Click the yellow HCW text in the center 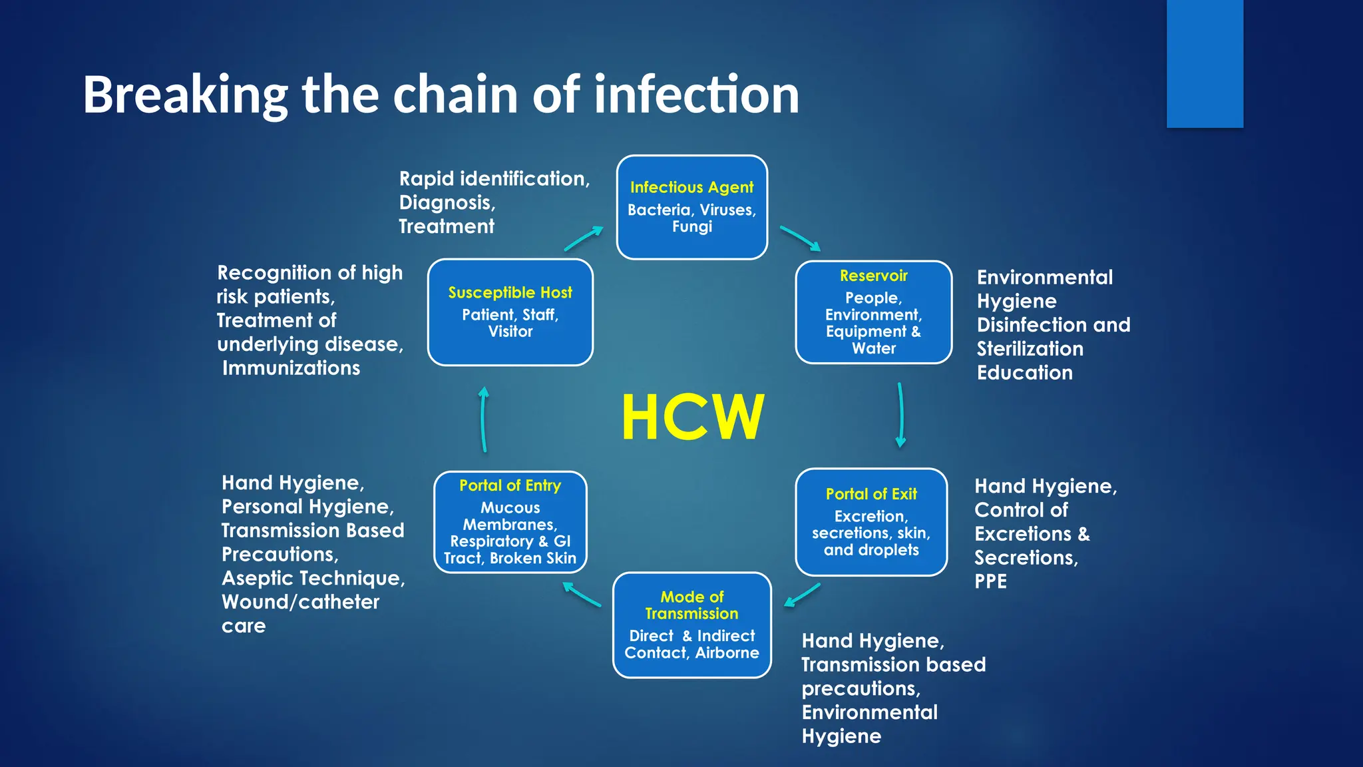click(x=692, y=417)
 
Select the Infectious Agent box click(x=691, y=207)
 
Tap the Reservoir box click(x=873, y=312)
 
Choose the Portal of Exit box click(x=871, y=521)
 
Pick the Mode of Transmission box click(x=691, y=625)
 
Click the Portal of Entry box click(x=510, y=521)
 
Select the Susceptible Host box click(x=510, y=312)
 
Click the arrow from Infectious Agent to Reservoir click(x=800, y=238)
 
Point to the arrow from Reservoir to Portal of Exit click(x=900, y=414)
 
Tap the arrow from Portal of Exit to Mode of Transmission click(x=802, y=595)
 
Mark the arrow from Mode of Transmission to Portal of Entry click(x=582, y=595)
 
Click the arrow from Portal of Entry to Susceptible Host click(x=484, y=419)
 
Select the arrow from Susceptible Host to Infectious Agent click(x=584, y=238)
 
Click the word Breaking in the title click(x=185, y=95)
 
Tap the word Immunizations click(x=291, y=368)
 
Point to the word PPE click(x=990, y=581)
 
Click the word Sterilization click(x=1030, y=349)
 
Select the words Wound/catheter click(x=300, y=602)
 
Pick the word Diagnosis click(x=447, y=202)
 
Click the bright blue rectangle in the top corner click(x=1205, y=63)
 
